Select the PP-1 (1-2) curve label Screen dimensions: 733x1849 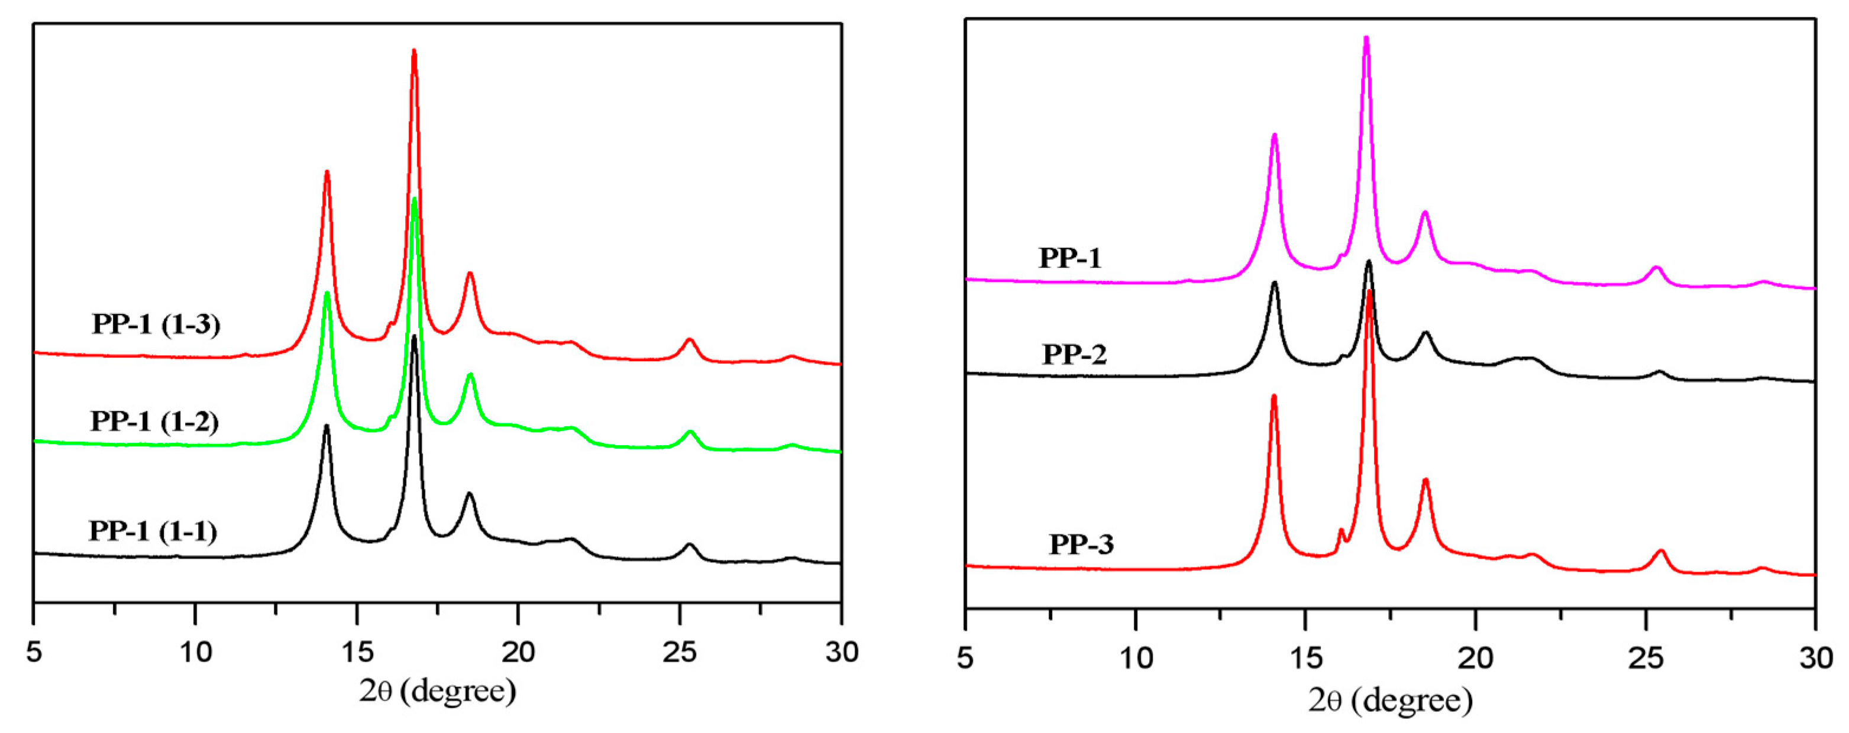pos(154,421)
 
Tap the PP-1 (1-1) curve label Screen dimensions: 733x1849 pos(153,531)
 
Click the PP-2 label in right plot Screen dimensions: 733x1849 pos(1075,354)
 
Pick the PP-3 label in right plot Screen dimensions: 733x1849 pos(1081,544)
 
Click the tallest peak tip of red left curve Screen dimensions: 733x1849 pos(414,51)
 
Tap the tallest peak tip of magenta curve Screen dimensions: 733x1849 pos(1366,38)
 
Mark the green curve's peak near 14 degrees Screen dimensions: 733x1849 pos(327,293)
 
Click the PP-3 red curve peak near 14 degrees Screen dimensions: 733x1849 pos(1274,397)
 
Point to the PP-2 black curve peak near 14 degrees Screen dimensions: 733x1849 pos(1275,283)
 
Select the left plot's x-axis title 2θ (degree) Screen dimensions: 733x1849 pos(437,692)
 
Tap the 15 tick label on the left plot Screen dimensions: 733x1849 pos(357,652)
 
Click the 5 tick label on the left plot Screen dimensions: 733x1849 pos(34,652)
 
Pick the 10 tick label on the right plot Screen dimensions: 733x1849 pos(1136,658)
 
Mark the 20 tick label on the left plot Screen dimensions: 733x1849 pos(518,652)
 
